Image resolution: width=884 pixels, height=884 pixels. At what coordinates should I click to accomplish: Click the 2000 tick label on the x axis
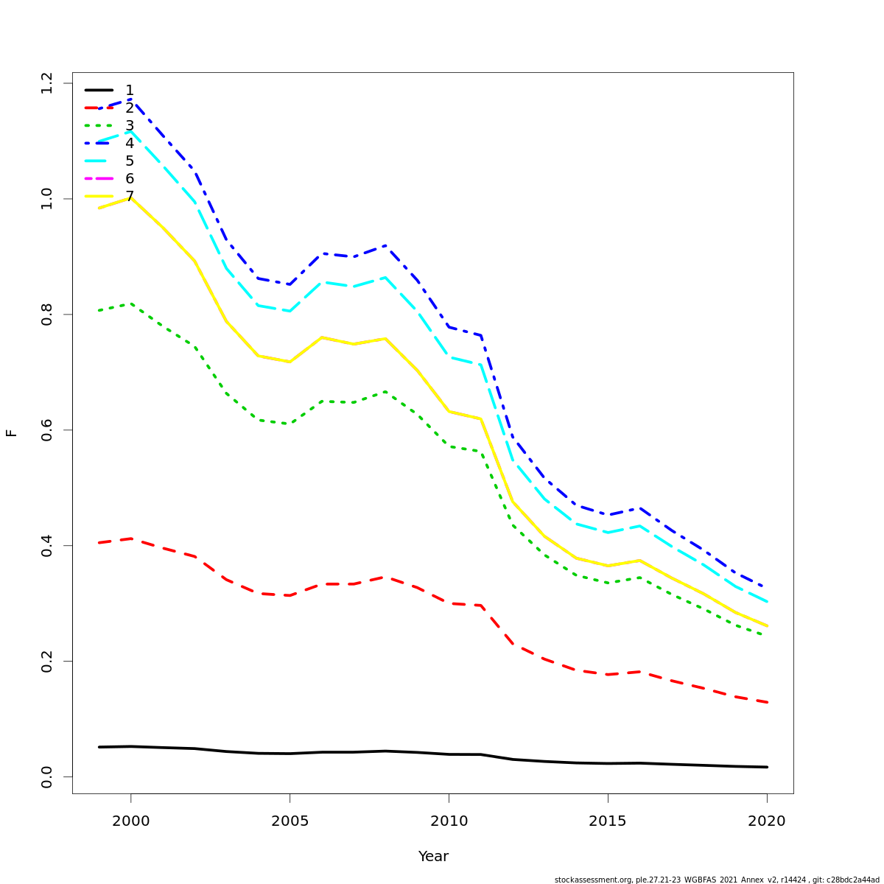pyautogui.click(x=130, y=821)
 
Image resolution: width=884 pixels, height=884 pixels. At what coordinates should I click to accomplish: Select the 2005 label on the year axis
pyautogui.click(x=290, y=821)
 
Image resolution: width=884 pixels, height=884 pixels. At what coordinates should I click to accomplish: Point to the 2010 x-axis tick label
pyautogui.click(x=449, y=821)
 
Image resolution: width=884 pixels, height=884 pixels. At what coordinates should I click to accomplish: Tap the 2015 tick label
pyautogui.click(x=608, y=821)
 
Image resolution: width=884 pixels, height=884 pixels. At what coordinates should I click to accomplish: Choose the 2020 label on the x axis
pyautogui.click(x=767, y=821)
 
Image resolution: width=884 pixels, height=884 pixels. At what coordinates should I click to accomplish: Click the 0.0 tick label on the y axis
pyautogui.click(x=47, y=776)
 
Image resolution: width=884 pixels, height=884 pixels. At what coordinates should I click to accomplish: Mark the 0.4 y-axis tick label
pyautogui.click(x=47, y=546)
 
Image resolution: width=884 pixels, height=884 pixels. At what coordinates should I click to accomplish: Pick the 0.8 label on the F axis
pyautogui.click(x=47, y=315)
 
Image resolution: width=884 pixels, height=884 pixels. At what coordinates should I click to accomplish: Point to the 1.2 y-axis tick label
pyautogui.click(x=47, y=83)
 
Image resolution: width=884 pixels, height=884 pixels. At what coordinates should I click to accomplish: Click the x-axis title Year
pyautogui.click(x=433, y=856)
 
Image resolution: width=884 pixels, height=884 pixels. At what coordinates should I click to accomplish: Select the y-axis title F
pyautogui.click(x=11, y=432)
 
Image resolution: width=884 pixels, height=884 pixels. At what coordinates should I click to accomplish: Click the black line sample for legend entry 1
pyautogui.click(x=99, y=90)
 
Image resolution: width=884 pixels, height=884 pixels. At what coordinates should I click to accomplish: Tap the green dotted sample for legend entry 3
pyautogui.click(x=99, y=125)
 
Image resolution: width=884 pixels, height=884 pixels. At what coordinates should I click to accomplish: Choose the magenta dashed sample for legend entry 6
pyautogui.click(x=99, y=178)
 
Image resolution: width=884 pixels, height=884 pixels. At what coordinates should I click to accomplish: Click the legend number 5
pyautogui.click(x=130, y=161)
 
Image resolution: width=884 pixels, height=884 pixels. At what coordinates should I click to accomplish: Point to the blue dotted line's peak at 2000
pyautogui.click(x=130, y=99)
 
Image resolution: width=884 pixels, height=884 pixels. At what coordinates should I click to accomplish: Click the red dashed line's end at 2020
pyautogui.click(x=767, y=702)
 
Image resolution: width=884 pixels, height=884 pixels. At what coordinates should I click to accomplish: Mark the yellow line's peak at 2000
pyautogui.click(x=130, y=197)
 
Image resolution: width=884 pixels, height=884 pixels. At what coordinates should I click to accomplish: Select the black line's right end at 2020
pyautogui.click(x=767, y=767)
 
